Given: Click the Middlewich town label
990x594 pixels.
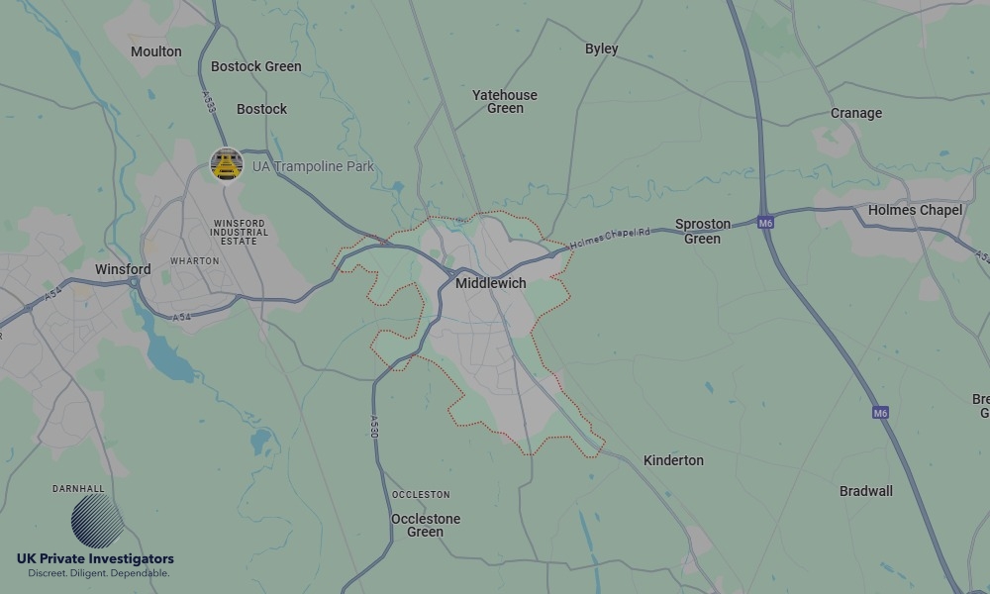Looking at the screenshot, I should click(x=490, y=283).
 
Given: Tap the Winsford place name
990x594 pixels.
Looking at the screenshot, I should click(x=123, y=269).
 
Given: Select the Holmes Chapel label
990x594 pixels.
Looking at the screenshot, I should click(x=915, y=210).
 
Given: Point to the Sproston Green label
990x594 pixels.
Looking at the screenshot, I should click(x=703, y=231).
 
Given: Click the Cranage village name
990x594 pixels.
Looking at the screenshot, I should click(x=856, y=113).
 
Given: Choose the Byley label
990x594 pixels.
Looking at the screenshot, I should click(x=601, y=49).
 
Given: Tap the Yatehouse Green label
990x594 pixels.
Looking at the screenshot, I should click(x=505, y=101).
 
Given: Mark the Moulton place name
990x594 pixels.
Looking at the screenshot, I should click(x=156, y=51).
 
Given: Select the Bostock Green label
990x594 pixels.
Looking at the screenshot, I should click(x=256, y=66).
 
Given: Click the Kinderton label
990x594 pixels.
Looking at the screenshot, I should click(x=673, y=460).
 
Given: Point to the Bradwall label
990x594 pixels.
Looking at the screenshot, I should click(x=865, y=491).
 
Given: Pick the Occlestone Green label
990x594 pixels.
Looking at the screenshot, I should click(x=426, y=525).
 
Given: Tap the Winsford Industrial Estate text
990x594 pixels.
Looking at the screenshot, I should click(x=239, y=233).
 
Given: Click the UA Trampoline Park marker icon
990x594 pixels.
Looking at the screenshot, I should click(x=227, y=165).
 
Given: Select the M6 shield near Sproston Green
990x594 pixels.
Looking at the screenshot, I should click(x=765, y=223).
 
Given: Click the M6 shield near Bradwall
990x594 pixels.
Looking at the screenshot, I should click(x=880, y=412).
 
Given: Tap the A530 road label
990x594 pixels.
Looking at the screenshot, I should click(x=375, y=427).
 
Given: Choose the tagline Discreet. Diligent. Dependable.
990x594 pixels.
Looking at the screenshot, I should click(x=98, y=573).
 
